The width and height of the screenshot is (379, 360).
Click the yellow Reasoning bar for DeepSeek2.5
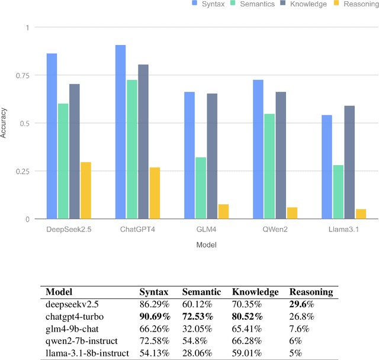[x=86, y=190]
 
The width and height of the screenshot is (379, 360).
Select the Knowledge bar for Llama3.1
[x=349, y=162]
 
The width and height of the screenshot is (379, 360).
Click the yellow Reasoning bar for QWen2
[x=292, y=213]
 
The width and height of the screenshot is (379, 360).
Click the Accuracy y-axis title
[x=5, y=123]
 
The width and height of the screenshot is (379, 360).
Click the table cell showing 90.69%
[x=153, y=316]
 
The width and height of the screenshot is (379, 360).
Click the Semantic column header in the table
[x=201, y=292]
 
